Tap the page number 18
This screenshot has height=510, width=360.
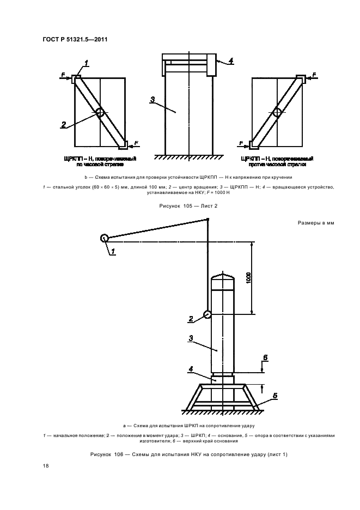pos(45,465)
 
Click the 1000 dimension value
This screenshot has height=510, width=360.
pos(248,277)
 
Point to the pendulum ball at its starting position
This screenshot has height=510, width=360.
pos(103,238)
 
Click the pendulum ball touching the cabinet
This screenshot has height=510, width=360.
pos(207,314)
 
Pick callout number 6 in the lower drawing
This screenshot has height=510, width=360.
pos(265,357)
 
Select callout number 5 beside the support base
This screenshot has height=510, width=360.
pos(275,396)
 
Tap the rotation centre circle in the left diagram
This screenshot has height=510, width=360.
pos(100,113)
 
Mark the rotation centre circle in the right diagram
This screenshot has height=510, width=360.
pos(277,113)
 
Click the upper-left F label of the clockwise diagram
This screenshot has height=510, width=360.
pos(63,74)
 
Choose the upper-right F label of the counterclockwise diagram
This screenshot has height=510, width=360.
pos(314,74)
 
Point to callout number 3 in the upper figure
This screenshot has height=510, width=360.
pos(153,99)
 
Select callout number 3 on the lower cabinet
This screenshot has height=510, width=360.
pos(191,338)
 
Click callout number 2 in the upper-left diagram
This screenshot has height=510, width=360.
pos(63,124)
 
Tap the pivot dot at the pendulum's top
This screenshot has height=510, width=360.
pos(208,220)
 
